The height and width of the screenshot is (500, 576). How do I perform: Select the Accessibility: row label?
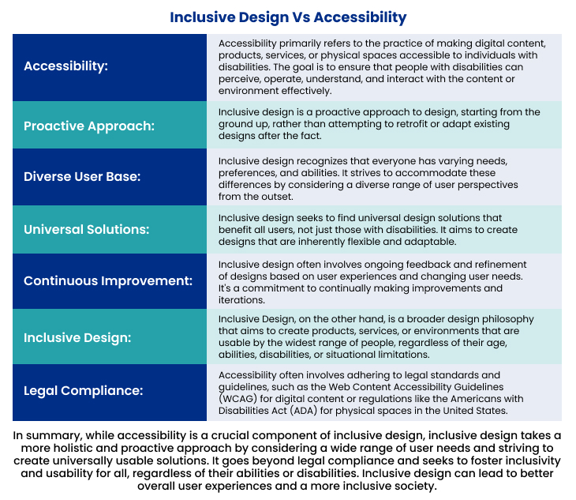coord(65,66)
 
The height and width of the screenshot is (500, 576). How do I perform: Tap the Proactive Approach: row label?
coord(88,126)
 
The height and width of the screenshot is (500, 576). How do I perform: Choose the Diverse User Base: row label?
coord(82,176)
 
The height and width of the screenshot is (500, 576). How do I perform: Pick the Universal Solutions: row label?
coord(87,229)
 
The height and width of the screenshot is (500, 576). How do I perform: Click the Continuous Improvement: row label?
coord(108,280)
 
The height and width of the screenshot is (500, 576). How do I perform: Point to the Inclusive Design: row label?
coord(76,337)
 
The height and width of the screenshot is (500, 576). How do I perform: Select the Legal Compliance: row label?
coord(83,391)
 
